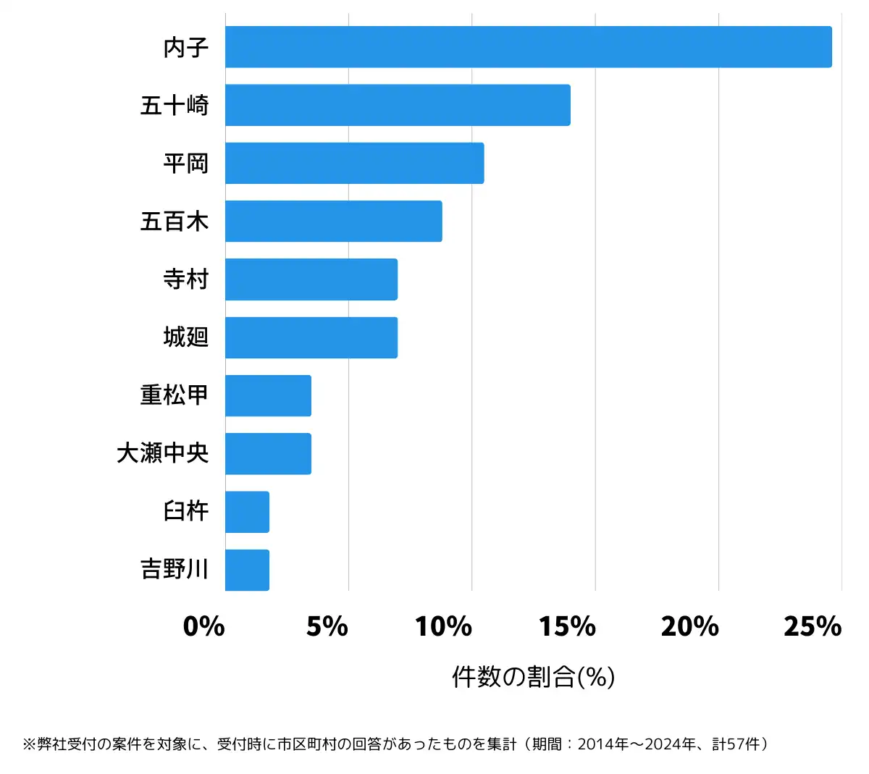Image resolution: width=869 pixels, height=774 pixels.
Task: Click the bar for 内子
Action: coord(529,47)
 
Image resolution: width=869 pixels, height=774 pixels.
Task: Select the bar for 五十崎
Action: coord(398,105)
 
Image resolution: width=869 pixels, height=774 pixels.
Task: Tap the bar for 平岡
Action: coord(354,163)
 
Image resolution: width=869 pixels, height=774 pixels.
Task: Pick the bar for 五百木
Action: coord(333,221)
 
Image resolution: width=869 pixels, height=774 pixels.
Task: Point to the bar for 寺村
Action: coord(311,279)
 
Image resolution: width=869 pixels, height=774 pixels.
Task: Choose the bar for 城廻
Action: coord(311,337)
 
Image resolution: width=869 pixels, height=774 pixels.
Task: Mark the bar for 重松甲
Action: coord(268,395)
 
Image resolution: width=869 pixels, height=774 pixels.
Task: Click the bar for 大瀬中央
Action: coord(268,454)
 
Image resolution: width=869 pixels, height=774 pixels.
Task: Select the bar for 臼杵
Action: coord(247,512)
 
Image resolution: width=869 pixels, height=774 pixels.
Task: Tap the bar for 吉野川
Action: coord(247,570)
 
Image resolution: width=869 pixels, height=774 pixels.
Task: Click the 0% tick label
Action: coord(203,626)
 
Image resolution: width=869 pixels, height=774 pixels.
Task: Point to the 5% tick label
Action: coord(327,626)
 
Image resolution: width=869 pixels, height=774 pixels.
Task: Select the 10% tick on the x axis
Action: coord(444,626)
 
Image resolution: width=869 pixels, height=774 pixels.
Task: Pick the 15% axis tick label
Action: coord(567,626)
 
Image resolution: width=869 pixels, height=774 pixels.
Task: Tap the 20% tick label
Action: coord(690,626)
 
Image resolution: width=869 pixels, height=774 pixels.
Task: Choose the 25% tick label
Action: coord(813,626)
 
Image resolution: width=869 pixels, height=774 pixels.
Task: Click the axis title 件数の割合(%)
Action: coord(534,677)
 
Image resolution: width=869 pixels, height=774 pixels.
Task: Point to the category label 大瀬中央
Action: coord(163,453)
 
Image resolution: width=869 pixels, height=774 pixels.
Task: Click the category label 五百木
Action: coord(175,221)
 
